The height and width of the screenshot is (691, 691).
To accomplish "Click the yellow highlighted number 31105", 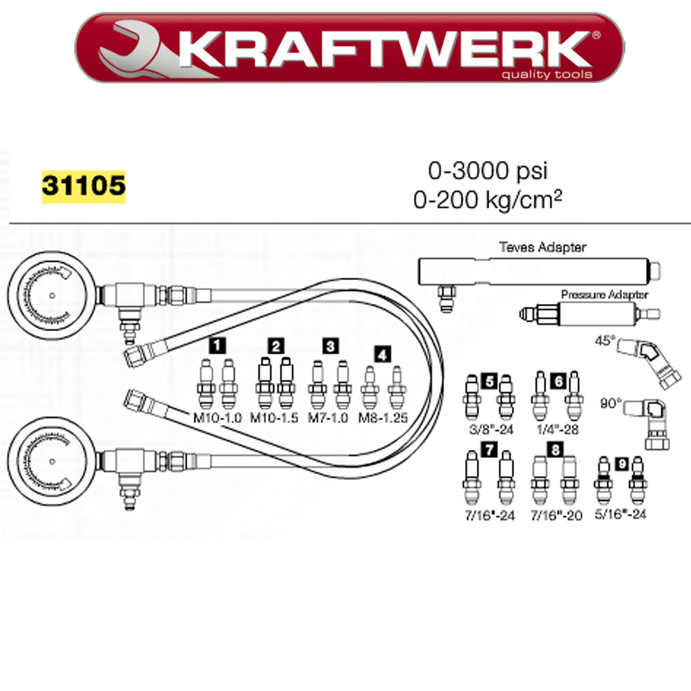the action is click(x=84, y=186).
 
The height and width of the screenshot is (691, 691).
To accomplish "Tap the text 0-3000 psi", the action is click(x=488, y=171).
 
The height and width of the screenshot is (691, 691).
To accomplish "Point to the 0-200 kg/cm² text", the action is click(x=488, y=200).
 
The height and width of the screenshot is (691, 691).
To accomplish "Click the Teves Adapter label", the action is click(x=542, y=247).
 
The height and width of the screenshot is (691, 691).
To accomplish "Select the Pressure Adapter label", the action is click(x=604, y=294).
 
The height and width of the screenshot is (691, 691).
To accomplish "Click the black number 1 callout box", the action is click(x=217, y=345).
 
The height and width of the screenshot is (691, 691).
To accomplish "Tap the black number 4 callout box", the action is click(x=382, y=354).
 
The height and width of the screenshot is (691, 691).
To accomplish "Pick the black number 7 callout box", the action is click(x=489, y=449).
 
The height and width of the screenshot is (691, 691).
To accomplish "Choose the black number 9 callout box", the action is click(x=622, y=464).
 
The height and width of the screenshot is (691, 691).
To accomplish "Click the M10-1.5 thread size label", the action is click(x=274, y=418).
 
